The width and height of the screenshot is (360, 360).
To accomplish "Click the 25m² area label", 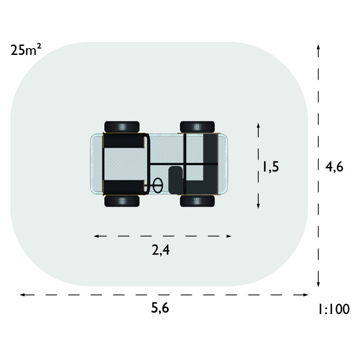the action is (26, 50).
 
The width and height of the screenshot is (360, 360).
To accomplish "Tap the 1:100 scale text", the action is (333, 309).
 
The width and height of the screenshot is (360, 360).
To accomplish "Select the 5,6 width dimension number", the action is (160, 308).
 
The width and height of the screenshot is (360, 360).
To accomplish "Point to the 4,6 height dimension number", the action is (334, 166).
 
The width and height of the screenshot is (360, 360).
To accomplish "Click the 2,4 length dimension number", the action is (161, 250).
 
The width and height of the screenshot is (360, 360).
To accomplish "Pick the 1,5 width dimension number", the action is (271, 166).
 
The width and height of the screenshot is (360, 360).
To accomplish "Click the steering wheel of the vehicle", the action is (158, 185).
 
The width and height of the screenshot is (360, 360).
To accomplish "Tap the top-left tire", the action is (122, 127).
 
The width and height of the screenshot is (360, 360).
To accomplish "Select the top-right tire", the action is (198, 127).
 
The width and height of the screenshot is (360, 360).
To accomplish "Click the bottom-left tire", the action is (122, 201).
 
